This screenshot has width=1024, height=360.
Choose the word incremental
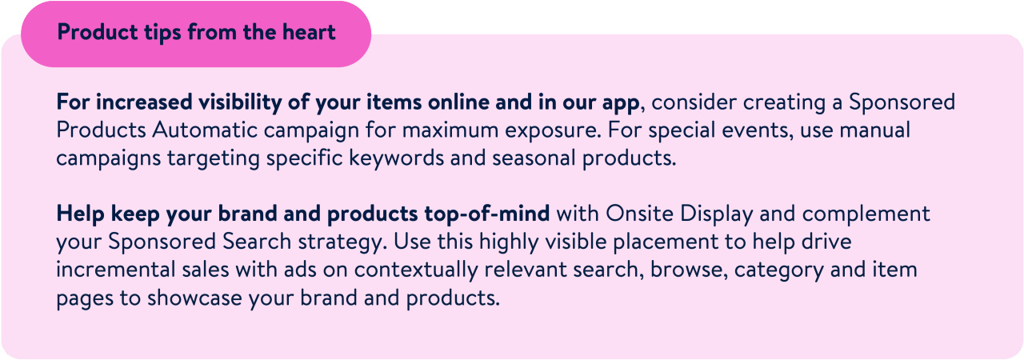pos(116,270)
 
